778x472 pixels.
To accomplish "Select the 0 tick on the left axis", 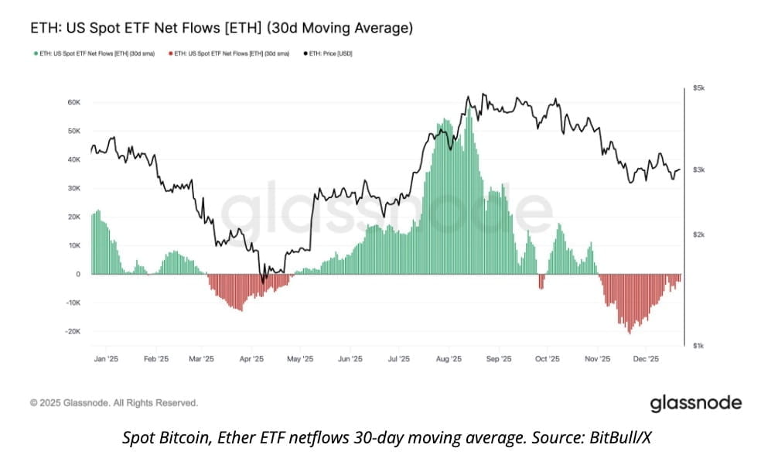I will [77, 274].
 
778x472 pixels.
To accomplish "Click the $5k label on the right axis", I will [699, 90].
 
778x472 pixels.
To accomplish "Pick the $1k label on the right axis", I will [699, 345].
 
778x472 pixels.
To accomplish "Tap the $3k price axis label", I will [699, 169].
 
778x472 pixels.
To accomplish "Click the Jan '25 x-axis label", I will [106, 359].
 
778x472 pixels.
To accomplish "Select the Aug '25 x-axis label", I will [449, 359].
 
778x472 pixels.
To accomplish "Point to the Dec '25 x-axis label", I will [646, 359].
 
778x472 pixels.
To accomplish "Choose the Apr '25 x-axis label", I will [252, 359].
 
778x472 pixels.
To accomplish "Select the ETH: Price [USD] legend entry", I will [331, 53].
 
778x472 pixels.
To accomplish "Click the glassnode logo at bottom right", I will [695, 403].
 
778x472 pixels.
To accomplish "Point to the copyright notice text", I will [114, 403].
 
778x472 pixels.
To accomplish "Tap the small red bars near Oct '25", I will [541, 282].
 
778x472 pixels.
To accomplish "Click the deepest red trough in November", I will [630, 331].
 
